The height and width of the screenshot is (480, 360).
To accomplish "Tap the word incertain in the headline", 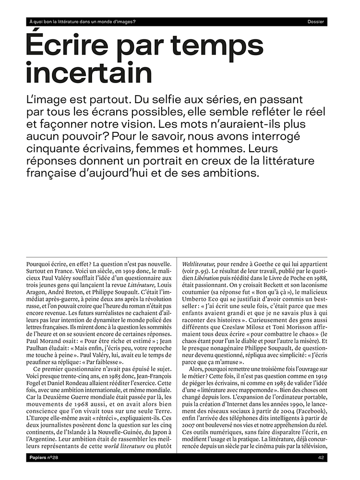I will coord(89,73).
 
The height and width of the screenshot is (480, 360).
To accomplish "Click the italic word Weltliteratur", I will coord(199,264).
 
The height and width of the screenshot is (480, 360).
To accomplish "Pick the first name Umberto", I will coord(194,305).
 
